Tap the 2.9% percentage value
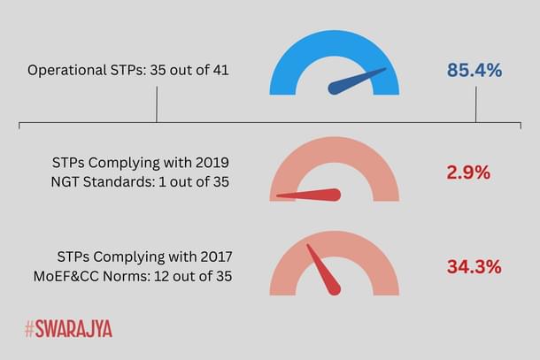[468, 172]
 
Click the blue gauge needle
[356, 80]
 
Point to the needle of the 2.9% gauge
[310, 195]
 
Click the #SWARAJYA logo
[68, 330]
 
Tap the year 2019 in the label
[212, 163]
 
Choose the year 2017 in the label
[213, 257]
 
